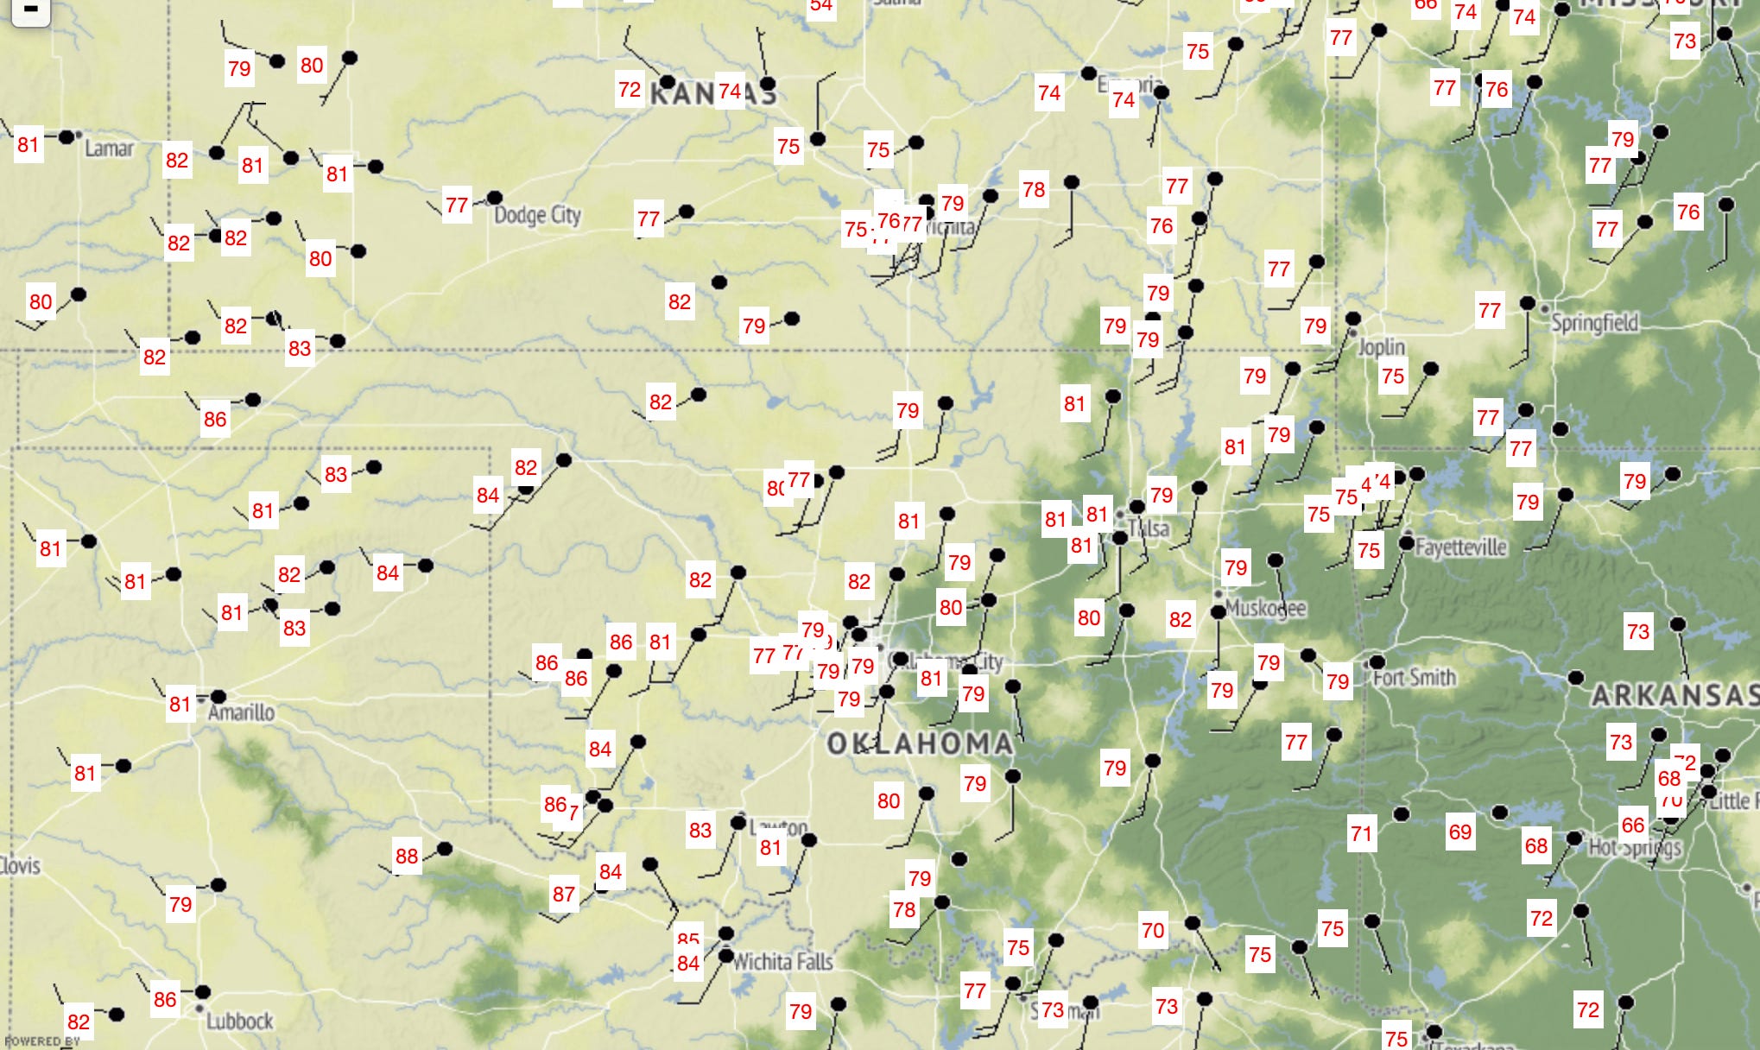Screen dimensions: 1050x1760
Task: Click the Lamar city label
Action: [x=109, y=149]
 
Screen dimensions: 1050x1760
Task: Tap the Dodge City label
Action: [x=537, y=214]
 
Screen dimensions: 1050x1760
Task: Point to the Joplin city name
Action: [x=1382, y=346]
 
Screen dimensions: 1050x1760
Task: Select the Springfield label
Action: [x=1594, y=323]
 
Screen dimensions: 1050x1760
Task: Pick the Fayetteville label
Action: [x=1461, y=547]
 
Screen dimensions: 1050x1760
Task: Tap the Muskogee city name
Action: [x=1265, y=608]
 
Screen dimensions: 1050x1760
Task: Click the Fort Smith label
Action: [x=1415, y=677]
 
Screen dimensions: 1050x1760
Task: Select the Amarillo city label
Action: [x=242, y=712]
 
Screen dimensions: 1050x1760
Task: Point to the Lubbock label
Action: [x=239, y=1022]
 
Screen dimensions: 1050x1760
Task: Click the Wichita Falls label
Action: [x=782, y=961]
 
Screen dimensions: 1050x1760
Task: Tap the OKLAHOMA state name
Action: [x=920, y=743]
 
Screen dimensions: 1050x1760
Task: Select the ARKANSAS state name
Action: [x=1674, y=695]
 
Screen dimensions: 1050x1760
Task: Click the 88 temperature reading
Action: [x=407, y=857]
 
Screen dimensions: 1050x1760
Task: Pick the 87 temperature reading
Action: [x=564, y=895]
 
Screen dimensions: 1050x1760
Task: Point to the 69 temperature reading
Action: [x=1460, y=832]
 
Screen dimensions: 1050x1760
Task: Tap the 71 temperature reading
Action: [x=1362, y=834]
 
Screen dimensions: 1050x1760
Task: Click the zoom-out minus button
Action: [x=30, y=10]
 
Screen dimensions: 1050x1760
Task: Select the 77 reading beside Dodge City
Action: [x=457, y=206]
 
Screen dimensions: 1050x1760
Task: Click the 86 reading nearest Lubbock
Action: [x=165, y=1000]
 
